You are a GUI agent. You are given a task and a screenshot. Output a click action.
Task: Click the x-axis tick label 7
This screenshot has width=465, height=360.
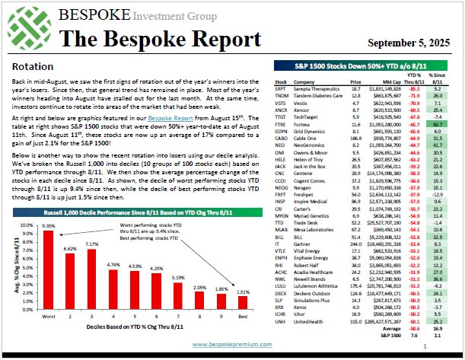177,339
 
